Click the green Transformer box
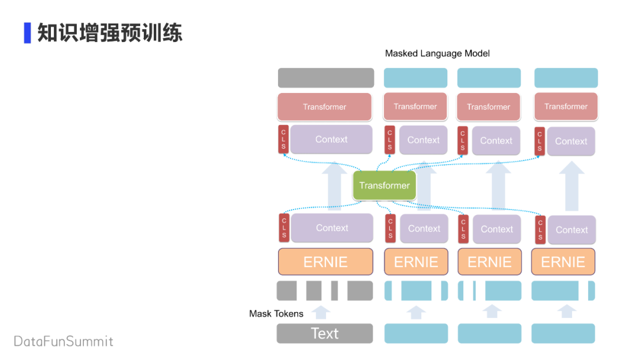(385, 185)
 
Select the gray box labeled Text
(325, 333)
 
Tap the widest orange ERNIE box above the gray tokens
(325, 262)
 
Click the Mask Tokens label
(276, 313)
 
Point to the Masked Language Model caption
(437, 53)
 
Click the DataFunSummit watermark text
(63, 341)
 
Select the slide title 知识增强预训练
(110, 33)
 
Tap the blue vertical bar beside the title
(27, 33)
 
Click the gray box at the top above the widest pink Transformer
(326, 78)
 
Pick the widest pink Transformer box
(325, 107)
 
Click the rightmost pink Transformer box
(566, 106)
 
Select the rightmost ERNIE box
(563, 262)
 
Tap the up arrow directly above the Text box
(321, 312)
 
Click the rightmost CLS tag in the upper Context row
(540, 141)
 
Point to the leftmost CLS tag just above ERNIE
(284, 227)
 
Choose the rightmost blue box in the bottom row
(563, 333)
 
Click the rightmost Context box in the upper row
(571, 142)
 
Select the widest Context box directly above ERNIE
(332, 228)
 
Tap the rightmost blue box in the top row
(566, 78)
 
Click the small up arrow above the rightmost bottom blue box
(567, 311)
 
